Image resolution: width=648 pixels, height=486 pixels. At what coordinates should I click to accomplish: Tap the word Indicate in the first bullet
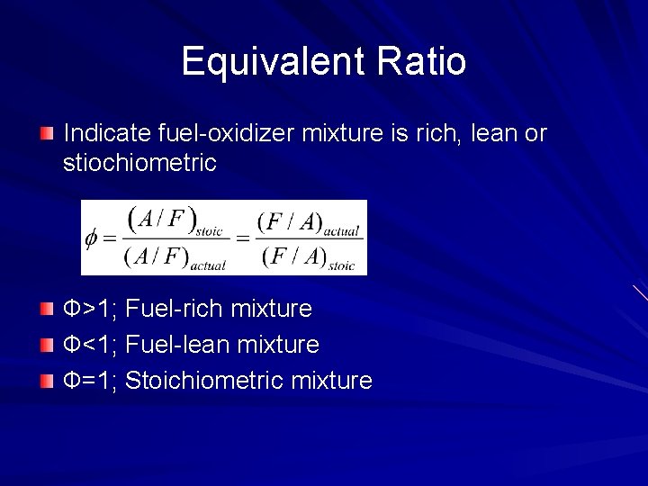click(100, 134)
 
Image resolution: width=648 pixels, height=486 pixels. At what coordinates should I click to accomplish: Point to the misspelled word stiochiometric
click(139, 163)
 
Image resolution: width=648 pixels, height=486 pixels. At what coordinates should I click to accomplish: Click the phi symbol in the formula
click(90, 238)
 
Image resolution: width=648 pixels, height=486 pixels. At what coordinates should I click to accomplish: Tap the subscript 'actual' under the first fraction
click(207, 265)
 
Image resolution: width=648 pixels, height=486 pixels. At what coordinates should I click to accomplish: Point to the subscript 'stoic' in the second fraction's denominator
click(341, 265)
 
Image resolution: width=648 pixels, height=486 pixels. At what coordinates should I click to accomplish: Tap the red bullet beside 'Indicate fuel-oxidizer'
click(47, 134)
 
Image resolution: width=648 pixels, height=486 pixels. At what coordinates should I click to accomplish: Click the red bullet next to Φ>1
click(47, 310)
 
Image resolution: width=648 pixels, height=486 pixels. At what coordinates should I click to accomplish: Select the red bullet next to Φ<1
click(47, 346)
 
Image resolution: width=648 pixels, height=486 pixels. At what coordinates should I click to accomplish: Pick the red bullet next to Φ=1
click(47, 382)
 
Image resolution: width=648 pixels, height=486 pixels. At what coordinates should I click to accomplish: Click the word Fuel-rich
click(175, 310)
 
